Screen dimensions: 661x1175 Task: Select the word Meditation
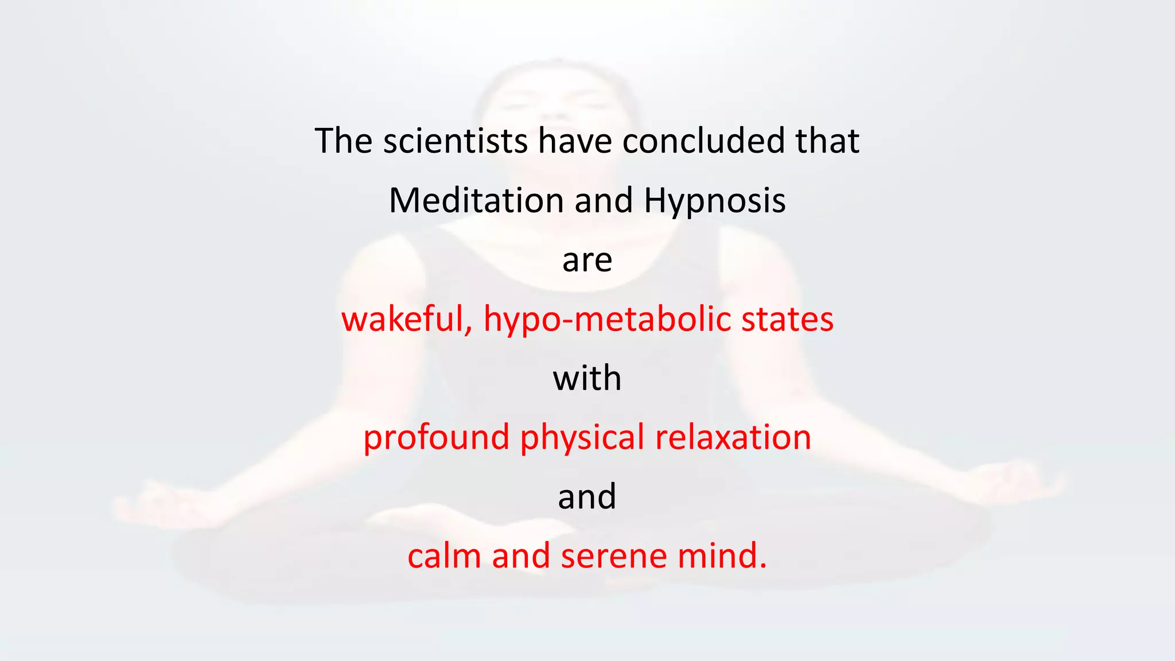point(476,201)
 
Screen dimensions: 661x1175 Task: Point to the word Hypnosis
point(714,201)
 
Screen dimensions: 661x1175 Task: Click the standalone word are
point(587,261)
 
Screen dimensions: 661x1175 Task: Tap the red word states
point(787,320)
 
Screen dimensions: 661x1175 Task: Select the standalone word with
point(587,379)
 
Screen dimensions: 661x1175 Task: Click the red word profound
point(436,438)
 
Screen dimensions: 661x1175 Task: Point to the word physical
point(582,438)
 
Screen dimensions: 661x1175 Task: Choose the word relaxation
point(733,438)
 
